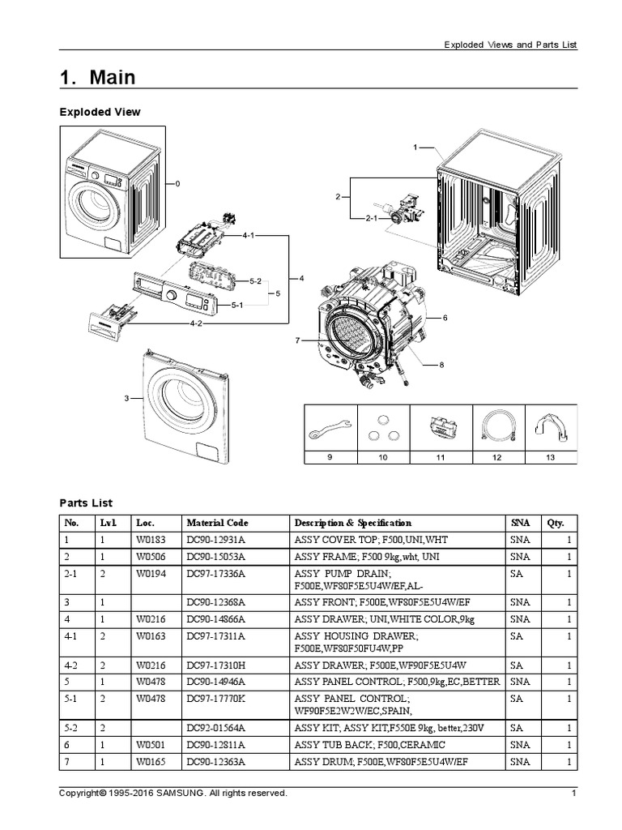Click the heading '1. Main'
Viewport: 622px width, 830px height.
[x=97, y=77]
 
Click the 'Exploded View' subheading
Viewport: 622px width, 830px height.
[x=100, y=112]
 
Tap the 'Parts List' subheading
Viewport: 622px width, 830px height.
[x=86, y=503]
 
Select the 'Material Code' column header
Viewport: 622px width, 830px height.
[x=217, y=523]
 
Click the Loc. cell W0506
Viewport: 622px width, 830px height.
[x=150, y=557]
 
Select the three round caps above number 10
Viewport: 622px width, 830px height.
[x=383, y=430]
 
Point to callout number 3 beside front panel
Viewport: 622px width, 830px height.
[x=126, y=398]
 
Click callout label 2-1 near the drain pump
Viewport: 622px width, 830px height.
[x=372, y=218]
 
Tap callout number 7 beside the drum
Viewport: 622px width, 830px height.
[x=297, y=340]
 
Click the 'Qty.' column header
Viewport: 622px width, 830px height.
[x=555, y=523]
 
